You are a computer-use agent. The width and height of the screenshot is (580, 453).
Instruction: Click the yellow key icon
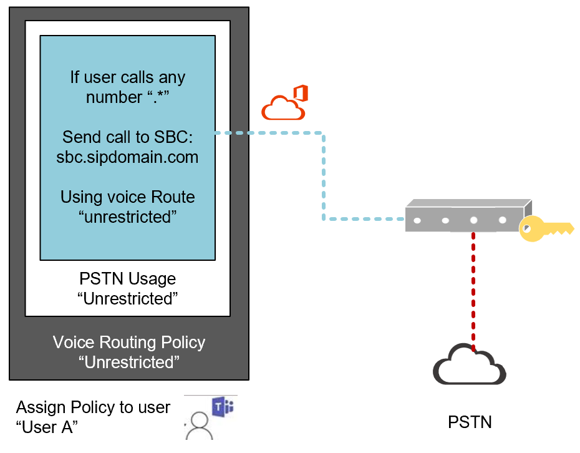click(544, 229)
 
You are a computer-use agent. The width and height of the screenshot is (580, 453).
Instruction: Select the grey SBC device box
click(468, 215)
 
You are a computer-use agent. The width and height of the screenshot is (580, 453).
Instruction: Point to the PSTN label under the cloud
click(470, 422)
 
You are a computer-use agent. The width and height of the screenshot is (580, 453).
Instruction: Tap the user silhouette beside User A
click(200, 427)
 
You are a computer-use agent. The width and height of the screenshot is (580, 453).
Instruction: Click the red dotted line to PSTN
click(473, 287)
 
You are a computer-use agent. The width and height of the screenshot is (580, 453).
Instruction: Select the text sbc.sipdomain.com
click(127, 157)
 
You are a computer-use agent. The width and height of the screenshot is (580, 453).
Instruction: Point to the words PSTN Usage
click(127, 278)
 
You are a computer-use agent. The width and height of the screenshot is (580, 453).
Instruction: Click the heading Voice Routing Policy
click(128, 343)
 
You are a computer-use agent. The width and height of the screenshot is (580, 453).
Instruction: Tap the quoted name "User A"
click(47, 427)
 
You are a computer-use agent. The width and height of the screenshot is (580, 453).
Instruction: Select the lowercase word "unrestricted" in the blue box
click(127, 217)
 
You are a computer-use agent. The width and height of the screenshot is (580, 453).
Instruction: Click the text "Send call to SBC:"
click(127, 137)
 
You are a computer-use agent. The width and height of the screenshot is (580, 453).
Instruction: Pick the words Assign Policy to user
click(93, 407)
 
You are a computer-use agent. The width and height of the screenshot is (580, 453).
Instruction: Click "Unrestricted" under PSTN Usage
click(127, 298)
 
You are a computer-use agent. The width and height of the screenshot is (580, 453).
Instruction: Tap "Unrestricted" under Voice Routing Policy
click(128, 363)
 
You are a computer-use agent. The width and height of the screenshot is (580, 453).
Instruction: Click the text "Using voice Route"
click(127, 197)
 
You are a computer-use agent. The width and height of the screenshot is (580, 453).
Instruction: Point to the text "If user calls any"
click(127, 78)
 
